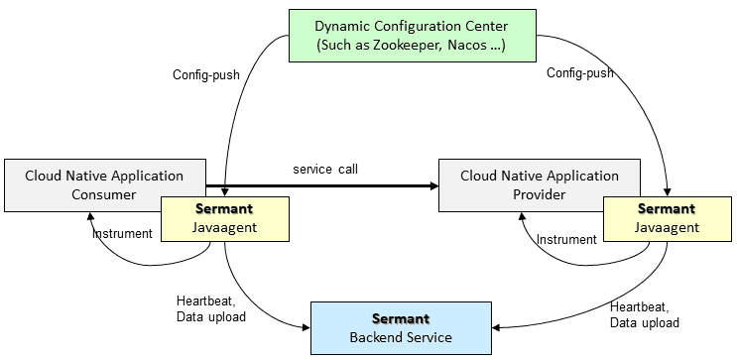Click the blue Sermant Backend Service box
click(400, 327)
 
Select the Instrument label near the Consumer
click(122, 234)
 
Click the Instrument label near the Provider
click(566, 239)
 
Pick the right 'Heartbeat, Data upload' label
click(645, 314)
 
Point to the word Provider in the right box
click(540, 194)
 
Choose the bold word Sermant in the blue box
click(400, 318)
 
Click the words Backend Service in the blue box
click(400, 337)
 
